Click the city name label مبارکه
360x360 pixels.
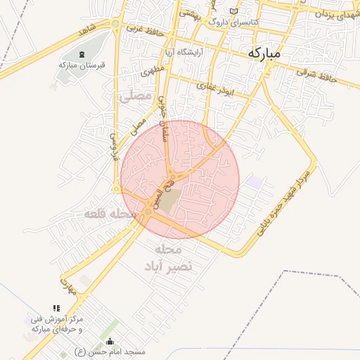pyautogui.click(x=264, y=53)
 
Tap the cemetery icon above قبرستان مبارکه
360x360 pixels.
pyautogui.click(x=82, y=54)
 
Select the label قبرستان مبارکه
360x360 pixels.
pyautogui.click(x=82, y=65)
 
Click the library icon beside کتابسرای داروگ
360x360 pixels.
pyautogui.click(x=234, y=12)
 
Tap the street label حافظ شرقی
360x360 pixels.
pyautogui.click(x=318, y=75)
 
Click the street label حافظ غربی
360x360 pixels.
pyautogui.click(x=146, y=30)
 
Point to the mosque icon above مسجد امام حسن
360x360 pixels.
pyautogui.click(x=108, y=341)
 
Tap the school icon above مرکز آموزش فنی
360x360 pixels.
pyautogui.click(x=56, y=308)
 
